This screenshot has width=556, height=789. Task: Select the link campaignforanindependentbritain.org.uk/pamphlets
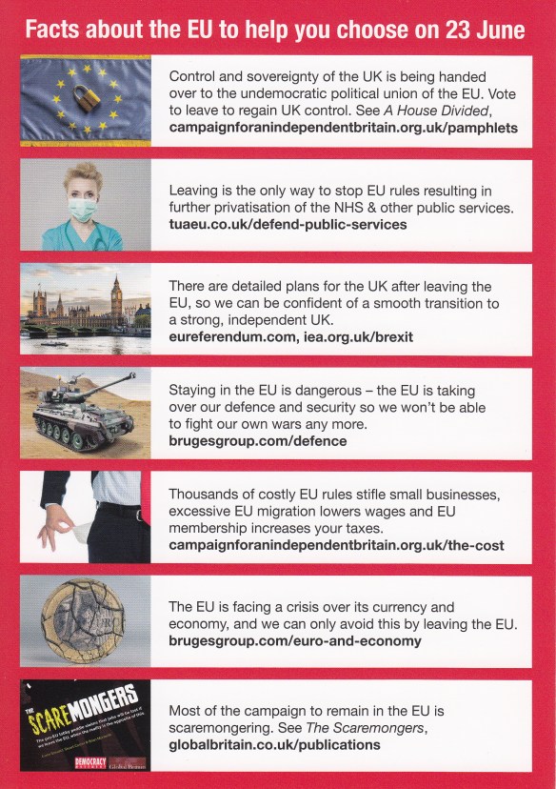click(x=343, y=125)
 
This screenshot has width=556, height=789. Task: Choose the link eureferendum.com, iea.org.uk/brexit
click(x=290, y=336)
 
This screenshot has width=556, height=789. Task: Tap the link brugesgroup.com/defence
click(x=256, y=440)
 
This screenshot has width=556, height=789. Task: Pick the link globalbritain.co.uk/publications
click(x=274, y=744)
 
